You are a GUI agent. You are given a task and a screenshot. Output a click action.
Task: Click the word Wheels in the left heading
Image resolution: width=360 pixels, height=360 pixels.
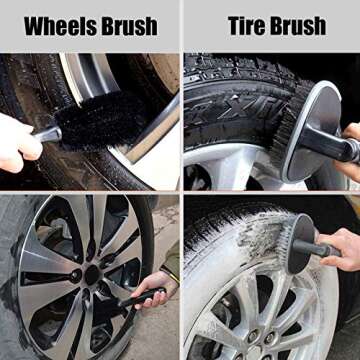[x=61, y=27]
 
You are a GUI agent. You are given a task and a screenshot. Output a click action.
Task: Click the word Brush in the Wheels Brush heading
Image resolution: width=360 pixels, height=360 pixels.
[x=130, y=27]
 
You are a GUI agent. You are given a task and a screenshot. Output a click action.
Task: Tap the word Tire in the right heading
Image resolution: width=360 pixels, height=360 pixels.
[x=246, y=26]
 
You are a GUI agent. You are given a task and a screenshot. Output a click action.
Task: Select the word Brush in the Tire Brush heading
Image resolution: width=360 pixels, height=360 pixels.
[x=298, y=26]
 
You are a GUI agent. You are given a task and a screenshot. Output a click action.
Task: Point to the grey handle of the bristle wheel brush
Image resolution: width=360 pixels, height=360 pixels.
[x=48, y=134]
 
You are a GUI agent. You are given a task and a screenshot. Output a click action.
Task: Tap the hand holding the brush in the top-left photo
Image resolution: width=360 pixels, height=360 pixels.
[x=18, y=143]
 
